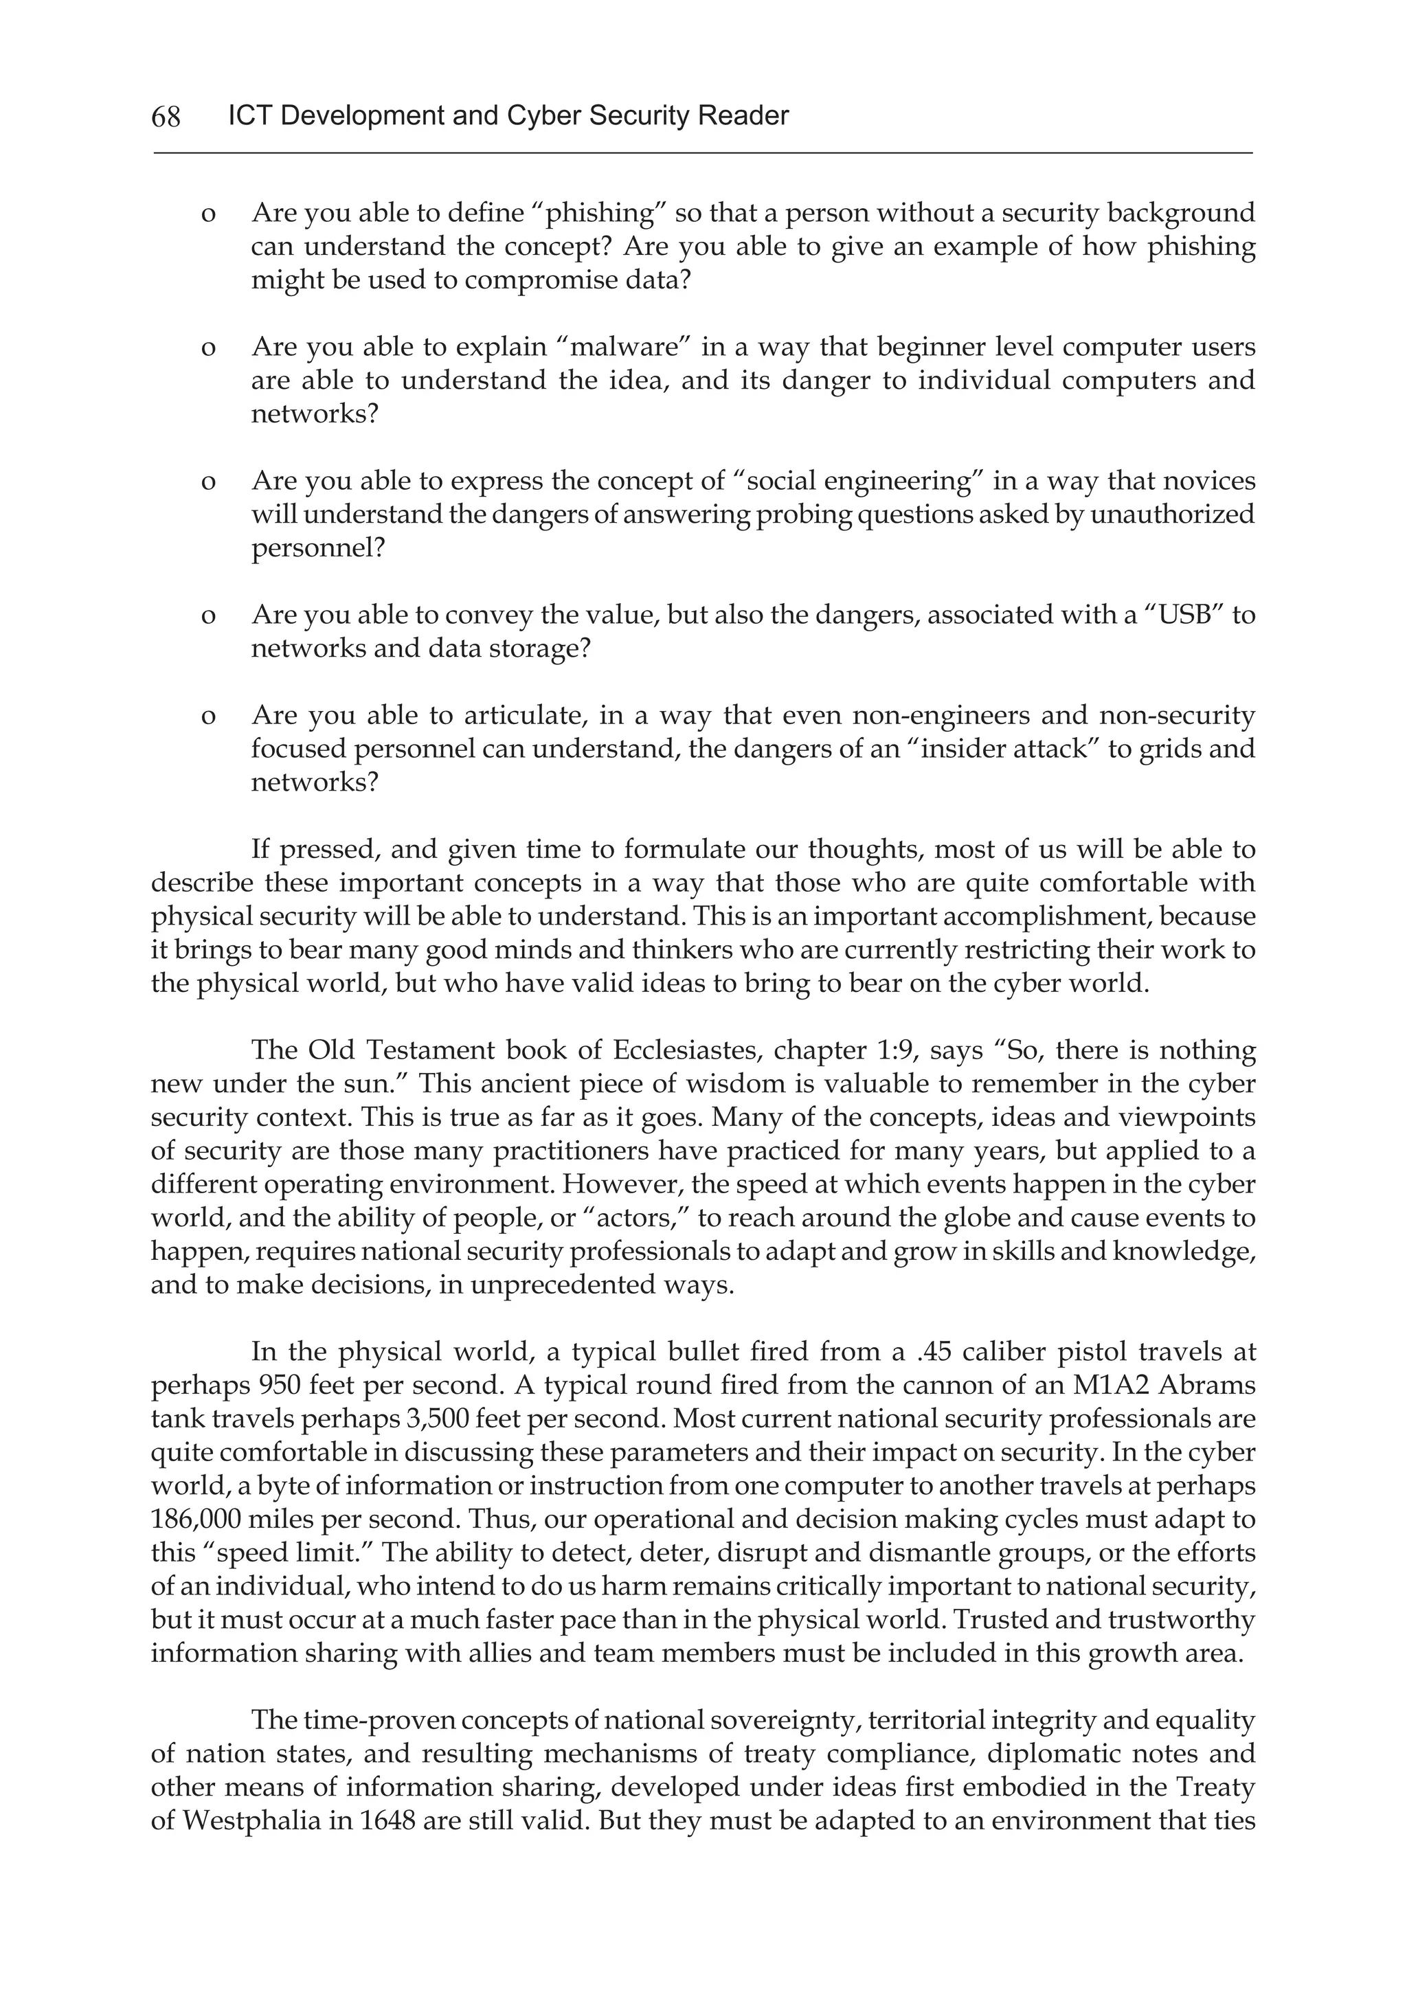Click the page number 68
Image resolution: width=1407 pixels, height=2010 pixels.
pyautogui.click(x=166, y=116)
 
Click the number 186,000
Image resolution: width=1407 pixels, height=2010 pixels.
pyautogui.click(x=194, y=1519)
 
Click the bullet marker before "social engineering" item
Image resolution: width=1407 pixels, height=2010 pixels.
pyautogui.click(x=208, y=482)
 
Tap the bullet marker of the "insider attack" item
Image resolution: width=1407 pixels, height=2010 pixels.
pyautogui.click(x=208, y=716)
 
